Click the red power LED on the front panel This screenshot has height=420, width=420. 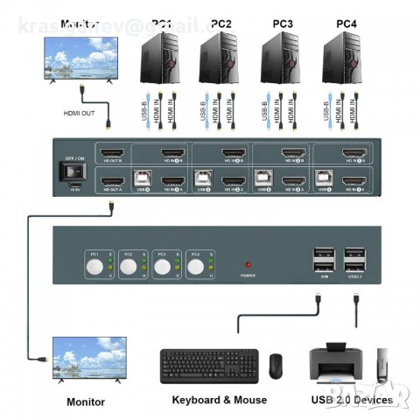tap(248, 263)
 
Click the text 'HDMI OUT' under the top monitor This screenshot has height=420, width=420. tap(80, 112)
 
